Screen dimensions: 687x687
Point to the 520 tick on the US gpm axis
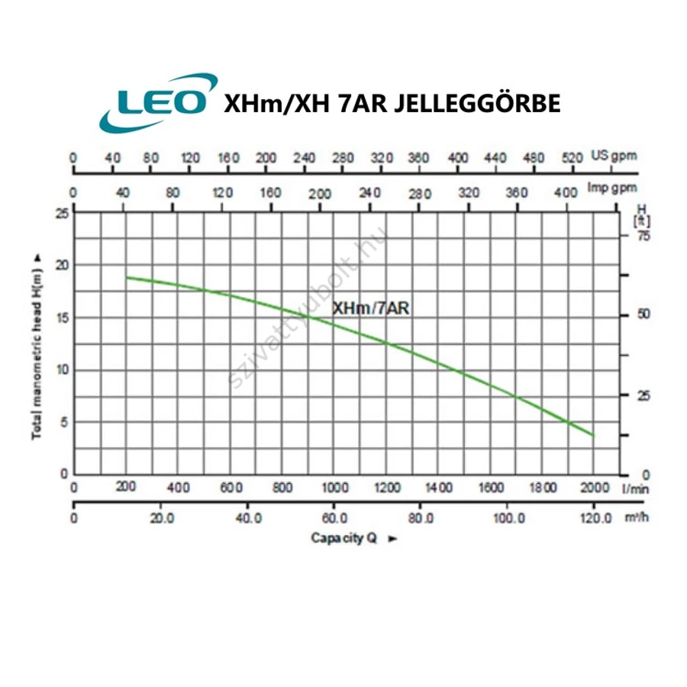pyautogui.click(x=572, y=158)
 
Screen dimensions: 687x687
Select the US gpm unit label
pyautogui.click(x=613, y=157)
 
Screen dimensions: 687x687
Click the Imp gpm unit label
pyautogui.click(x=613, y=188)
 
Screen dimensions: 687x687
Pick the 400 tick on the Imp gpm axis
pyautogui.click(x=566, y=193)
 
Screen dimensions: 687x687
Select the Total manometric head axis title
pyautogui.click(x=35, y=346)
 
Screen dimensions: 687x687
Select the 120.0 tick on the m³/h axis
pyautogui.click(x=594, y=518)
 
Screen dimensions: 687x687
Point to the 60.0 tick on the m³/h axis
pyautogui.click(x=334, y=518)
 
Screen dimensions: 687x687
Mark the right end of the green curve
pyautogui.click(x=593, y=435)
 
